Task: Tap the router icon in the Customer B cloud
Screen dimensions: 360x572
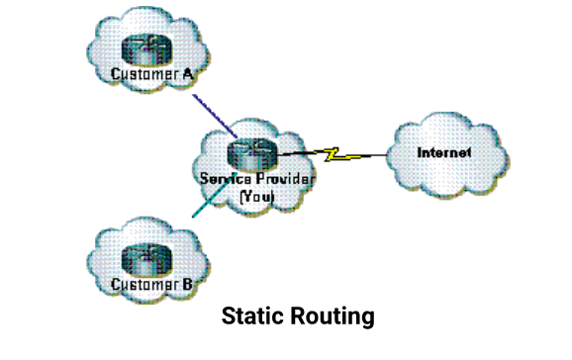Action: (x=144, y=261)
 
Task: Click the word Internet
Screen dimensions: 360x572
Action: (x=443, y=152)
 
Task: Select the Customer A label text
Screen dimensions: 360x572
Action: (x=149, y=75)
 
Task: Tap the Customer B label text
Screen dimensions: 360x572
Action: (x=149, y=287)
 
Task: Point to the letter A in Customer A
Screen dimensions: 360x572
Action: (x=184, y=75)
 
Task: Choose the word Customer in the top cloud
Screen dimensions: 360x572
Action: (x=143, y=75)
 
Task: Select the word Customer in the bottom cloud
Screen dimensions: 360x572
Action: (x=143, y=287)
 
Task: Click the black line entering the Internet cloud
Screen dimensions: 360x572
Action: (x=371, y=156)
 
